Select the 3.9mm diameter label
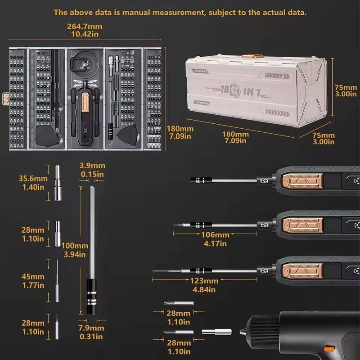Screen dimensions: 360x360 point(92,166)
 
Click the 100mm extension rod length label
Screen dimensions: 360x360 point(75,246)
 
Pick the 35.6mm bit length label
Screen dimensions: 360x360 point(32,178)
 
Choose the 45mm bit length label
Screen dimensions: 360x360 point(33,276)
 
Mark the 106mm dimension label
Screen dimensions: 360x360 point(215,235)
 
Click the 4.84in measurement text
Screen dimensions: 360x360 point(204,289)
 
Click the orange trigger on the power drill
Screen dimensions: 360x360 point(329,348)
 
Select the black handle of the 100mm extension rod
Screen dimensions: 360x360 point(91,297)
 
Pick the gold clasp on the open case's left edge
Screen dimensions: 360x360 point(5,97)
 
